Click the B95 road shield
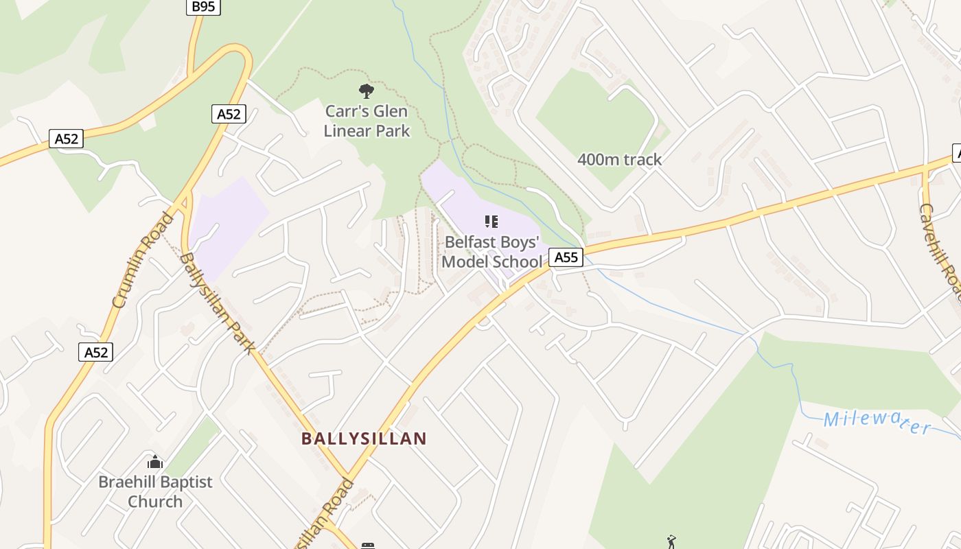(x=204, y=7)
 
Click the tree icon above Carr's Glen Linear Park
(x=367, y=90)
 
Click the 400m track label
(x=619, y=159)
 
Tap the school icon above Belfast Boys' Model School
(x=491, y=221)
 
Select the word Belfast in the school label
(x=474, y=242)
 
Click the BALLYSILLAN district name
(x=364, y=438)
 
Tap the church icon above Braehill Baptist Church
(x=155, y=462)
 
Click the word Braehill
(x=128, y=482)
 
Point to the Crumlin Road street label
(x=141, y=261)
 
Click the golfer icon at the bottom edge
(x=671, y=542)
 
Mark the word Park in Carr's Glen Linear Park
(x=395, y=130)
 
